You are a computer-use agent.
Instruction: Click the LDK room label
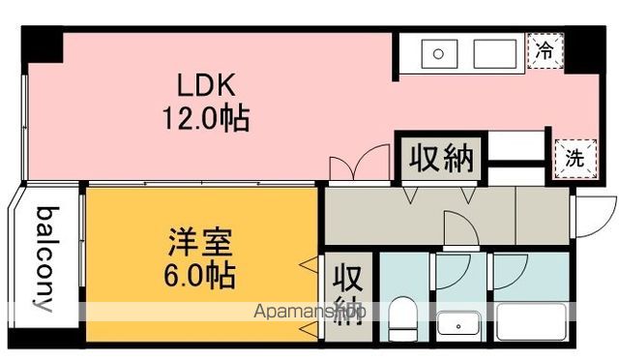tap(206, 85)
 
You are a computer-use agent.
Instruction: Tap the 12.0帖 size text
tap(206, 118)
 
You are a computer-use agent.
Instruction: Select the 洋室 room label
tap(200, 242)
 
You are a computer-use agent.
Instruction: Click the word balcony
tap(44, 258)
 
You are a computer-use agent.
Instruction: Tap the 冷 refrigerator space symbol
tap(545, 50)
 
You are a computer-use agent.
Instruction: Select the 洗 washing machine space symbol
tap(575, 159)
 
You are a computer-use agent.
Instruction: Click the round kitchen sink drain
tap(438, 54)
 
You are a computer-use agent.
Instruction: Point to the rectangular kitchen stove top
tap(495, 54)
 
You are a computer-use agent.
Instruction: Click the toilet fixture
tap(402, 318)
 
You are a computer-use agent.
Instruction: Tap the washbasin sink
tap(459, 326)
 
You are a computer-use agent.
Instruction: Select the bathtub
tap(531, 321)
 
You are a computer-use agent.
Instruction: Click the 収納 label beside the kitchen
tap(441, 159)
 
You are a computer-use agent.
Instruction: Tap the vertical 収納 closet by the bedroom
tap(348, 294)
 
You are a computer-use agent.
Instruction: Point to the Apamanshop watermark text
tap(310, 312)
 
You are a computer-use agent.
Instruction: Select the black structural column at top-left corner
tap(43, 45)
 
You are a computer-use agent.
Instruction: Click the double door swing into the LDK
tap(360, 163)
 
